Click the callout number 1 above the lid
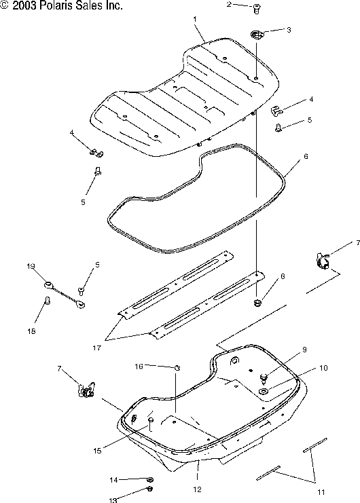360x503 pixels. (x=195, y=19)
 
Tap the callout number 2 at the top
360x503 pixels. (x=229, y=4)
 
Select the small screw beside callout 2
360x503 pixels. (x=256, y=10)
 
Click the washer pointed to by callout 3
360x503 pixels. (x=256, y=35)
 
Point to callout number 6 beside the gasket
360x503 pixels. (x=306, y=156)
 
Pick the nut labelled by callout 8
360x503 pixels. (x=257, y=302)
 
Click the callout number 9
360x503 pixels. (x=304, y=350)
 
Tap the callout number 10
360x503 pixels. (x=323, y=368)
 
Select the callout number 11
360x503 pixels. (x=321, y=491)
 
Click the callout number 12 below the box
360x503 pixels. (x=198, y=489)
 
